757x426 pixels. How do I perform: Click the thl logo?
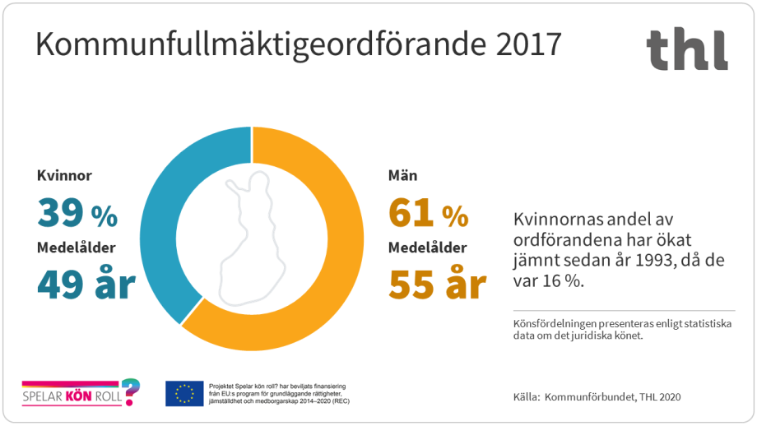pyautogui.click(x=686, y=49)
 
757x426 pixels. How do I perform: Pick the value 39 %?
pyautogui.click(x=77, y=215)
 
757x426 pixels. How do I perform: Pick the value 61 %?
pyautogui.click(x=428, y=215)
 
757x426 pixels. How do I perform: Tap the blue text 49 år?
pyautogui.click(x=86, y=285)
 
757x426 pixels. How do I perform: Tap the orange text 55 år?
pyautogui.click(x=437, y=285)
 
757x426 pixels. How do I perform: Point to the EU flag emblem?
pyautogui.click(x=184, y=393)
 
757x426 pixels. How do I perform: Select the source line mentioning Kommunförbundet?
pyautogui.click(x=597, y=397)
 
